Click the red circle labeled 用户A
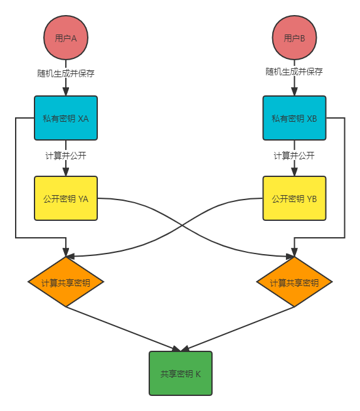click(x=66, y=38)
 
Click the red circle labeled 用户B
click(x=294, y=38)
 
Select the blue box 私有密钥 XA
click(x=66, y=118)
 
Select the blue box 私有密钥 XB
click(x=294, y=118)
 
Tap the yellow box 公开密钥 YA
click(x=66, y=198)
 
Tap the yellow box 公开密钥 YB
click(x=294, y=198)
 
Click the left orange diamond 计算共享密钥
click(x=66, y=282)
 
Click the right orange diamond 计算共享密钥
click(x=294, y=282)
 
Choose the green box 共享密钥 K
click(x=181, y=373)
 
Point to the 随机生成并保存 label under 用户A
click(x=66, y=72)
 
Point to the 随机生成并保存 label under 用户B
click(x=294, y=72)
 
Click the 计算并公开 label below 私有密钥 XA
click(x=66, y=155)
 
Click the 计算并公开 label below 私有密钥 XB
click(x=294, y=155)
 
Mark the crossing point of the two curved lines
click(x=181, y=225)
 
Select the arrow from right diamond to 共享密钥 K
click(x=238, y=328)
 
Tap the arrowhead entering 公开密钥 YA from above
click(x=66, y=172)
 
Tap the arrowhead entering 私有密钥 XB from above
click(x=294, y=92)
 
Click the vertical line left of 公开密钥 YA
click(x=16, y=188)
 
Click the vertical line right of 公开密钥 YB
click(x=345, y=188)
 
